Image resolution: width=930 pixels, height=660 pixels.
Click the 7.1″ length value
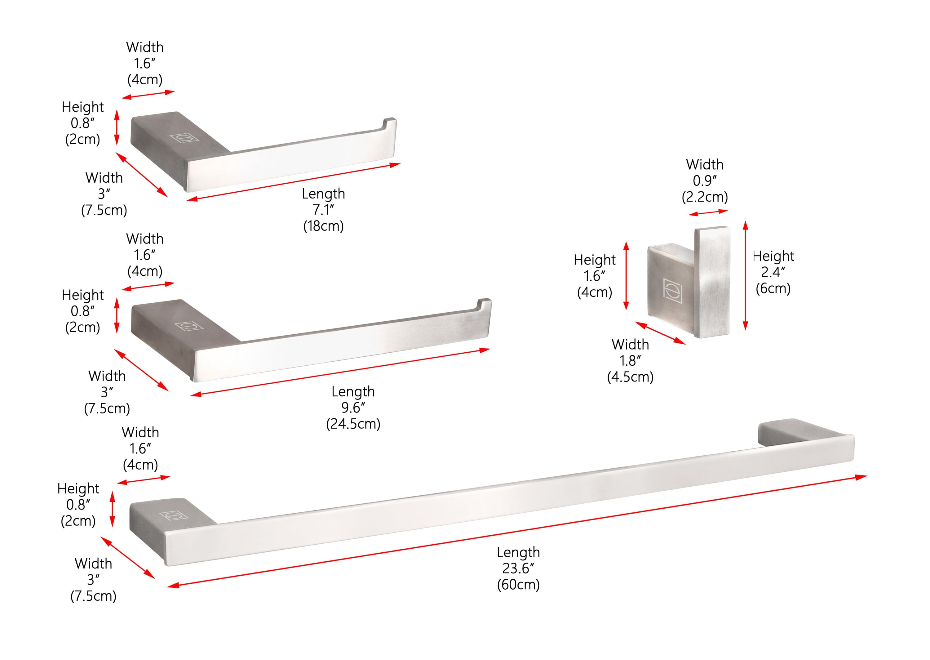[323, 210]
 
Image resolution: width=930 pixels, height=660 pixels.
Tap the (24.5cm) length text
[353, 424]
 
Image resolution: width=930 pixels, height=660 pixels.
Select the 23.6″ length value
[518, 568]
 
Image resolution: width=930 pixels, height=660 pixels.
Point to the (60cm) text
[518, 585]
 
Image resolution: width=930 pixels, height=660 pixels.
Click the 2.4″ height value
[773, 272]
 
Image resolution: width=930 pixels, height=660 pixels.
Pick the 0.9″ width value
[705, 181]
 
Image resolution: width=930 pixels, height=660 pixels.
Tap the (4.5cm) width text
[630, 377]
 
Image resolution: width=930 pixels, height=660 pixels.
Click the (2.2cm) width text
[705, 197]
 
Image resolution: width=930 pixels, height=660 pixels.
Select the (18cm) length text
[323, 226]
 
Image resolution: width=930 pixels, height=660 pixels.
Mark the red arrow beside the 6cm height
[745, 275]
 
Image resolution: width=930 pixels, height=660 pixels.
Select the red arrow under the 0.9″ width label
[708, 212]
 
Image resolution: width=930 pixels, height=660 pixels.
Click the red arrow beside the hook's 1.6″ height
[626, 275]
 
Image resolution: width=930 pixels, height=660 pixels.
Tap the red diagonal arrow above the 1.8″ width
[660, 333]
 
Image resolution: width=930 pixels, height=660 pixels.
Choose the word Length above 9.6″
[353, 391]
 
